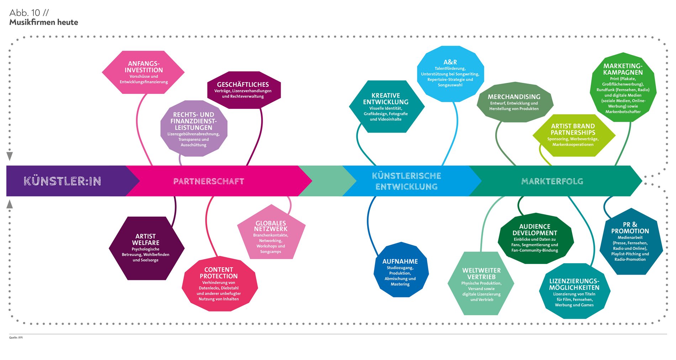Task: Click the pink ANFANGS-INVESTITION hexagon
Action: click(143, 73)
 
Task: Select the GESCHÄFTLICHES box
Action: click(244, 90)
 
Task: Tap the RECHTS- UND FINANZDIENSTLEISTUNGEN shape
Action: click(194, 129)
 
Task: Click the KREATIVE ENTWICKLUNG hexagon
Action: click(386, 107)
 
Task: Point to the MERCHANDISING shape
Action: click(514, 102)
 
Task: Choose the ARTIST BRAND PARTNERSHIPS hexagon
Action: click(573, 135)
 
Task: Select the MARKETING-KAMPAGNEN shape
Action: click(623, 88)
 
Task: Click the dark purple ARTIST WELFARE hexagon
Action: click(146, 248)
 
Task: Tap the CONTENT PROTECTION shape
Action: click(219, 284)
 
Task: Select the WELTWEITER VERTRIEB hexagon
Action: click(481, 284)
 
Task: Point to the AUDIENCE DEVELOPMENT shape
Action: click(535, 238)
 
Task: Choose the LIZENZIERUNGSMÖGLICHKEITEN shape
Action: click(574, 292)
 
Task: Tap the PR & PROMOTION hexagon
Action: click(630, 242)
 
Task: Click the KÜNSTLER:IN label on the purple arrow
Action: click(62, 181)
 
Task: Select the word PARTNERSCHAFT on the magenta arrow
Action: click(208, 181)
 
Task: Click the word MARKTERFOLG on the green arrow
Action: click(552, 181)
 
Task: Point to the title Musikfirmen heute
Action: click(44, 22)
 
